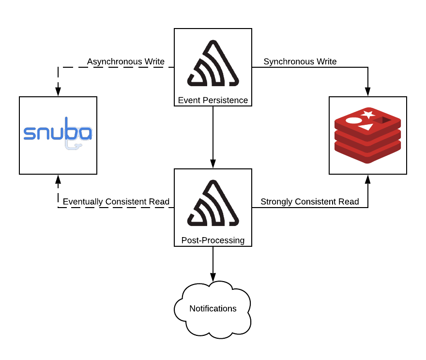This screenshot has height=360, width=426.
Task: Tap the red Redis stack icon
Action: click(x=368, y=135)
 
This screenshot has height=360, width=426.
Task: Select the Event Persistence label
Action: click(x=213, y=101)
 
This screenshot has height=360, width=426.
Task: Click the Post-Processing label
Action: click(x=213, y=240)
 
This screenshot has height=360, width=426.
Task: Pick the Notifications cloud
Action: click(x=213, y=308)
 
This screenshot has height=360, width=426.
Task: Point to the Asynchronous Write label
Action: click(x=126, y=62)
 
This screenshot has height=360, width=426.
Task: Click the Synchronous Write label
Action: click(x=300, y=62)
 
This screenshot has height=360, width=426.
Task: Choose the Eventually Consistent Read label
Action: click(x=116, y=202)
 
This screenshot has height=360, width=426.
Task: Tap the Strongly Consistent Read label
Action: click(x=310, y=202)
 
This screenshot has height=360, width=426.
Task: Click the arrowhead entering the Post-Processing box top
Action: click(x=213, y=165)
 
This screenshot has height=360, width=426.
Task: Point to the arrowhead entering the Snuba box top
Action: click(x=58, y=92)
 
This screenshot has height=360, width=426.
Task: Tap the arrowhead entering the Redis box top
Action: click(x=368, y=92)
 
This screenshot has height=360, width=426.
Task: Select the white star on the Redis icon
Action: click(x=367, y=115)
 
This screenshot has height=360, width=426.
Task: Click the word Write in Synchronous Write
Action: click(x=326, y=62)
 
